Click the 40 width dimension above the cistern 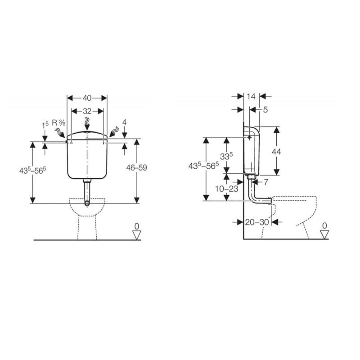pyautogui.click(x=87, y=98)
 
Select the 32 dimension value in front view pyautogui.click(x=87, y=111)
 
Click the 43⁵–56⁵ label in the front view pyautogui.click(x=32, y=171)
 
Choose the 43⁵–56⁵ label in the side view pyautogui.click(x=203, y=165)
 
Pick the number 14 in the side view pyautogui.click(x=251, y=96)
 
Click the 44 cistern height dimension pyautogui.click(x=276, y=152)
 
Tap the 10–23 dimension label pyautogui.click(x=226, y=189)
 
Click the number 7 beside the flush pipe pyautogui.click(x=265, y=182)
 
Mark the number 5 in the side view pyautogui.click(x=265, y=109)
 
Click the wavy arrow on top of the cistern pyautogui.click(x=88, y=122)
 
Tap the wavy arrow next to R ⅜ pyautogui.click(x=59, y=132)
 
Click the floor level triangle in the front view pyautogui.click(x=137, y=234)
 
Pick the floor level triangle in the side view pyautogui.click(x=324, y=234)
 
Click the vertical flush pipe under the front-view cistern pyautogui.click(x=87, y=191)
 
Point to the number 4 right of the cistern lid pyautogui.click(x=125, y=122)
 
